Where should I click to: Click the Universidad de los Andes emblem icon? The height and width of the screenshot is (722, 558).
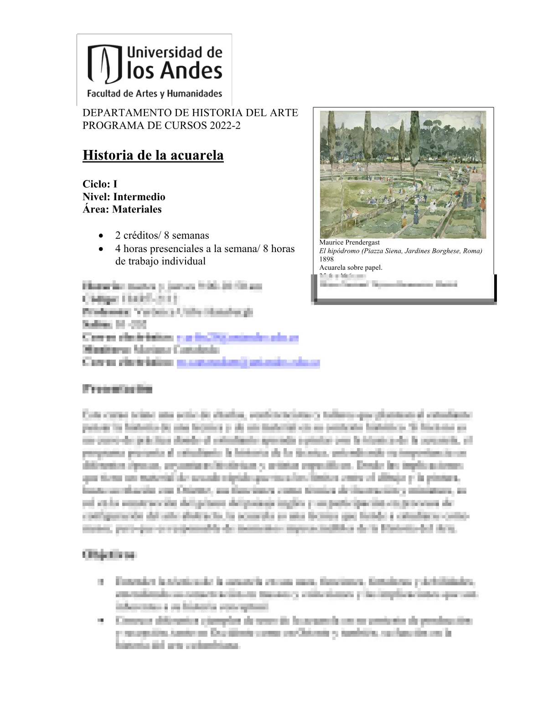pyautogui.click(x=105, y=64)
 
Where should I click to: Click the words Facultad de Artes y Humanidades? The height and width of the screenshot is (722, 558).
pyautogui.click(x=155, y=94)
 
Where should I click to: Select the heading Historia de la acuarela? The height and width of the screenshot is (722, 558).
pyautogui.click(x=153, y=155)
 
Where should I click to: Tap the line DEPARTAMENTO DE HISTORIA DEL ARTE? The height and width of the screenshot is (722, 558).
pyautogui.click(x=190, y=113)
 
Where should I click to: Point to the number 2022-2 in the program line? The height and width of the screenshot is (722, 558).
pyautogui.click(x=225, y=125)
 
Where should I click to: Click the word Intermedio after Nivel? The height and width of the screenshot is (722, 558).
pyautogui.click(x=139, y=197)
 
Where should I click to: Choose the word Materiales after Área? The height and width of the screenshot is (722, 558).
pyautogui.click(x=137, y=209)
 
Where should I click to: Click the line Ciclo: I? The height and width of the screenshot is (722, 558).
pyautogui.click(x=100, y=184)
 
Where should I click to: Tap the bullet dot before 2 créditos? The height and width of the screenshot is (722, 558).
pyautogui.click(x=101, y=236)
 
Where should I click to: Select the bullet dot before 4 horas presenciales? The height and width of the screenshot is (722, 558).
pyautogui.click(x=101, y=249)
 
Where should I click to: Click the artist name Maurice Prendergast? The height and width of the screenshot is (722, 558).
pyautogui.click(x=349, y=242)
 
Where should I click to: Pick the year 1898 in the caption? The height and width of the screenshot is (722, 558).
pyautogui.click(x=326, y=259)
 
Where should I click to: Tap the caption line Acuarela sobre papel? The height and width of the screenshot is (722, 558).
pyautogui.click(x=351, y=268)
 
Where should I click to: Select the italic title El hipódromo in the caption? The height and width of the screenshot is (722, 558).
pyautogui.click(x=339, y=251)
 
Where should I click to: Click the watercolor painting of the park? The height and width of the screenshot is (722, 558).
pyautogui.click(x=403, y=174)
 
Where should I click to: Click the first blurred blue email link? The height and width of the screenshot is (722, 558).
pyautogui.click(x=238, y=338)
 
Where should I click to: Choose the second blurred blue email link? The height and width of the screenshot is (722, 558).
pyautogui.click(x=248, y=363)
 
